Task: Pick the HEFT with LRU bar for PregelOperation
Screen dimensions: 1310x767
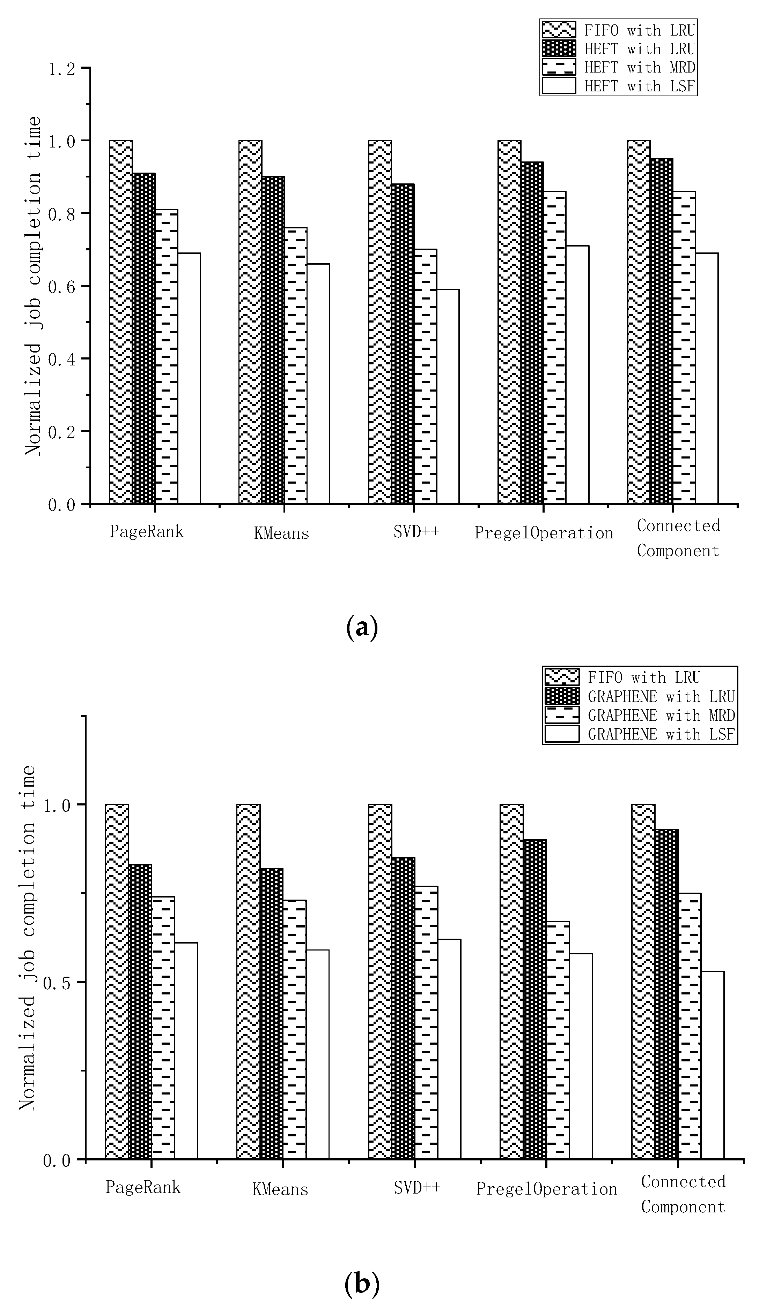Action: (532, 333)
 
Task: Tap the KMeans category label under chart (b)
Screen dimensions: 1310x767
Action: (280, 1189)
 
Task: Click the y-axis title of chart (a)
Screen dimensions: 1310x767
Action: (33, 286)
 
